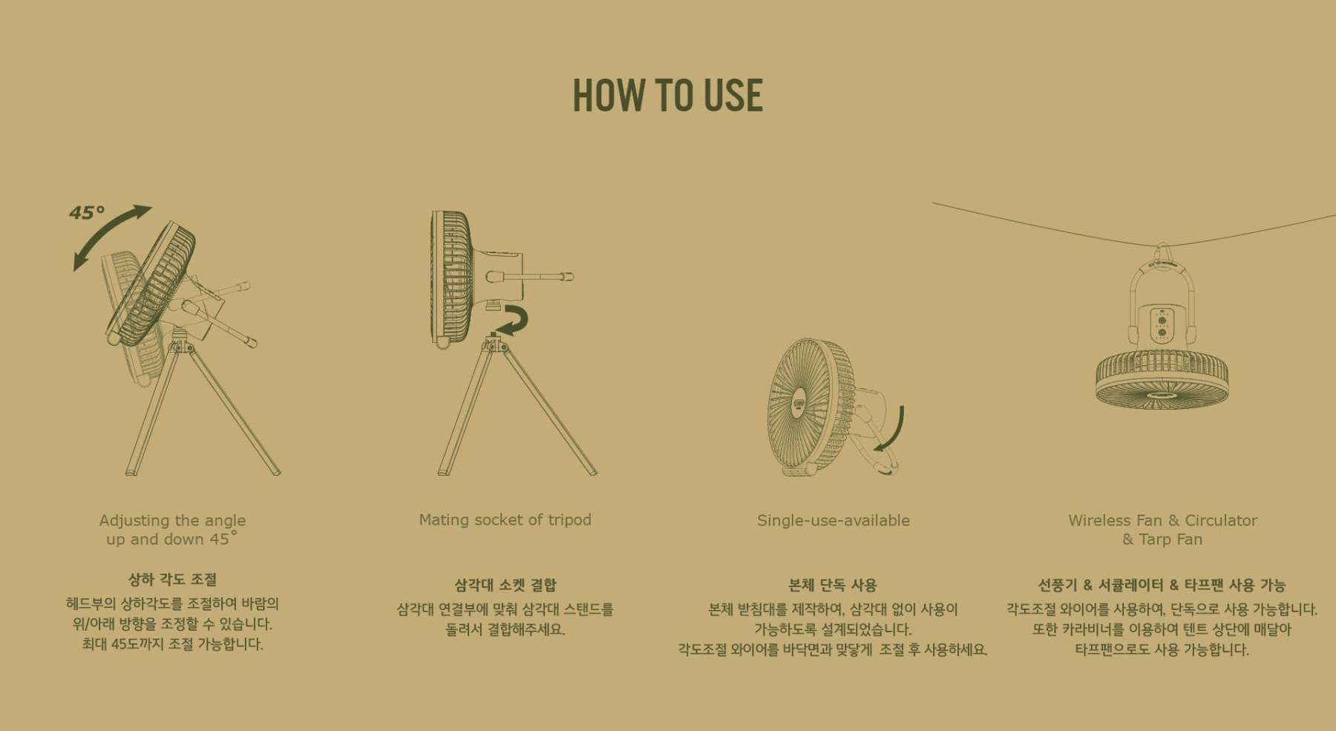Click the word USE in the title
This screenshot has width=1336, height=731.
[x=733, y=95]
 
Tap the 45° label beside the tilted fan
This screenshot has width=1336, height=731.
[x=87, y=213]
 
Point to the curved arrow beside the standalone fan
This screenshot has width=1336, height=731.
[x=897, y=430]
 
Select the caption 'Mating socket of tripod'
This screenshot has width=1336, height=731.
[x=505, y=519]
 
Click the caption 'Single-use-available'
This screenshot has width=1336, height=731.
[x=833, y=520]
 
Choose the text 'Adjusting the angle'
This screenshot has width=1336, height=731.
[x=172, y=520]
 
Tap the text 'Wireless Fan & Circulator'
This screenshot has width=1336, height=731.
[x=1162, y=520]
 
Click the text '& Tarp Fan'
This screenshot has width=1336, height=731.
[x=1162, y=540]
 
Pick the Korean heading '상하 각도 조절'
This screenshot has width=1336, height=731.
[x=172, y=580]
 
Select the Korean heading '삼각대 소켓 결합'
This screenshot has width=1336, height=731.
[x=505, y=586]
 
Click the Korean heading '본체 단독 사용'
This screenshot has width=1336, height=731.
[x=833, y=586]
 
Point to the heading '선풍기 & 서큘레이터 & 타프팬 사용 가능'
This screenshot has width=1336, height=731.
[x=1162, y=586]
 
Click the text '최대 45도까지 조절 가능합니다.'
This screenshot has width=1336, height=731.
[x=172, y=644]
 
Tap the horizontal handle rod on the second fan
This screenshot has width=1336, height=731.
[x=531, y=277]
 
